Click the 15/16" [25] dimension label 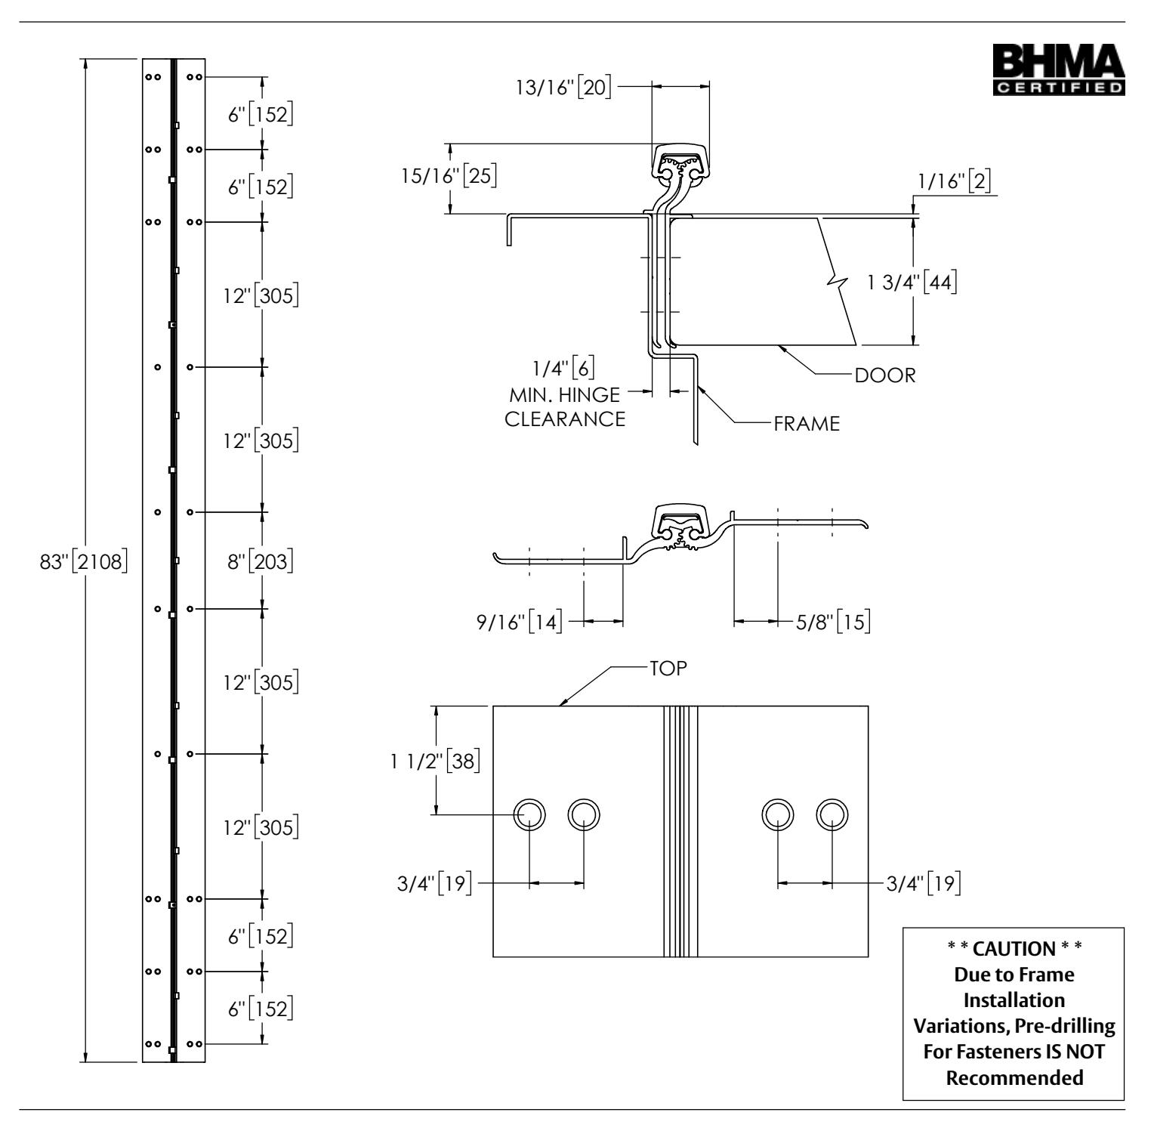click(448, 177)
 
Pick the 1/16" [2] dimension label click(955, 184)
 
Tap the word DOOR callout click(885, 375)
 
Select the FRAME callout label click(807, 424)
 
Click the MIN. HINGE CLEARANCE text click(565, 406)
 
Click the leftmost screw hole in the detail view click(529, 814)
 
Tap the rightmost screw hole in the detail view click(832, 814)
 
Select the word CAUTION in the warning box click(1014, 947)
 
